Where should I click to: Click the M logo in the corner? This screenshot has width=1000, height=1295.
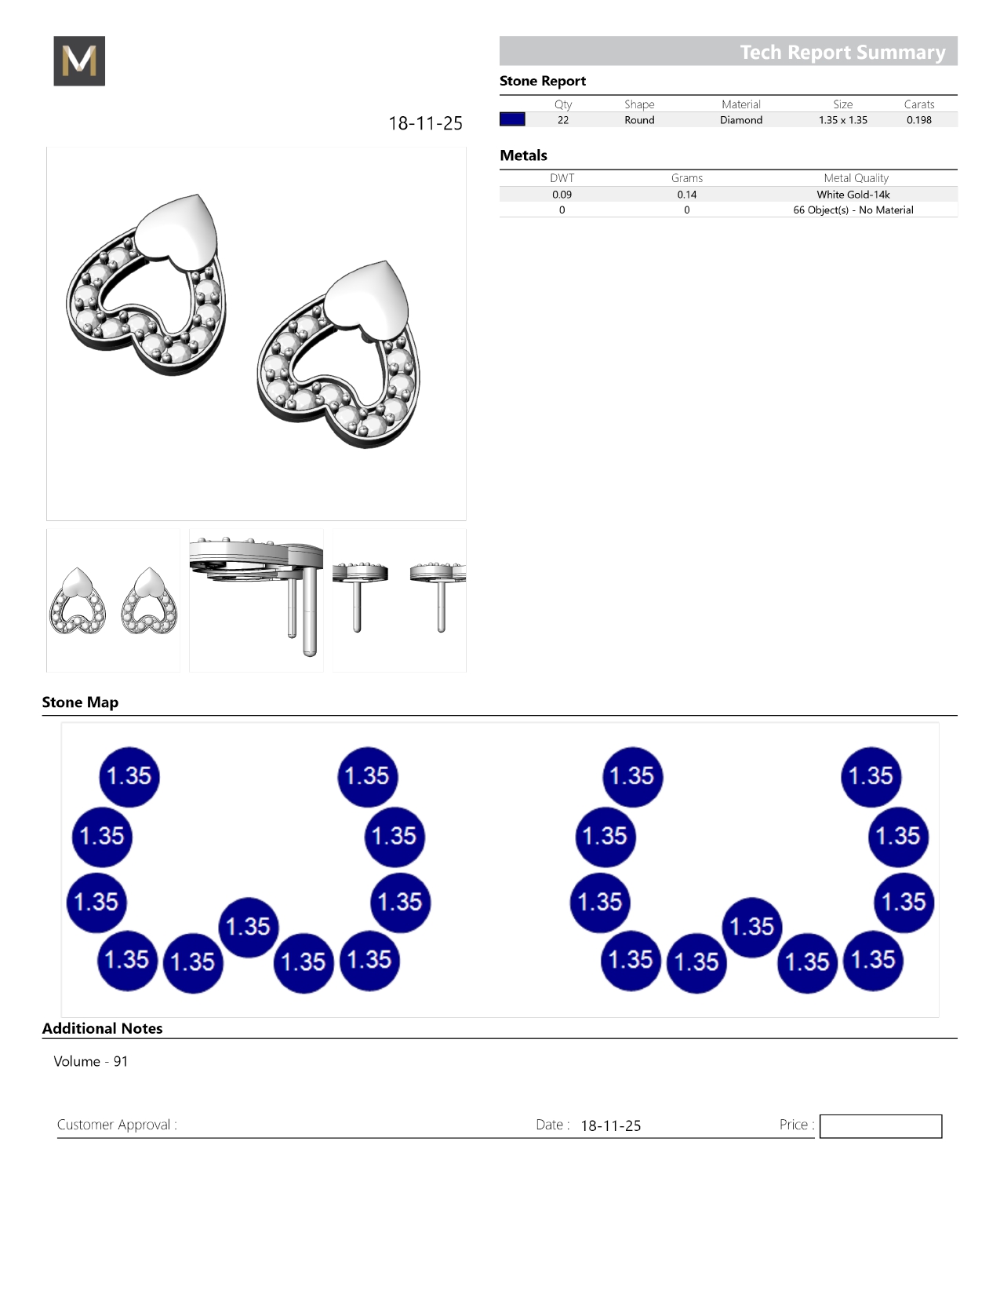79,61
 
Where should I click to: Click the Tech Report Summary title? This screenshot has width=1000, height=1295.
842,52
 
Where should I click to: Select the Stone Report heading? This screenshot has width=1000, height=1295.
543,81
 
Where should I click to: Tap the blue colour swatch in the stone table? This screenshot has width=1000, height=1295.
512,120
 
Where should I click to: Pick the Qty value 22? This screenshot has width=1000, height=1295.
563,120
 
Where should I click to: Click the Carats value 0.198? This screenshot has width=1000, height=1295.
918,120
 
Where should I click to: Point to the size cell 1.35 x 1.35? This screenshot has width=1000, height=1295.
842,120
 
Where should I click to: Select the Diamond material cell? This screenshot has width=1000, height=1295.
741,120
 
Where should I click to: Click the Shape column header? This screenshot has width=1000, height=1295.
639,104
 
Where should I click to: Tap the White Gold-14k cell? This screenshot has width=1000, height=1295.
853,195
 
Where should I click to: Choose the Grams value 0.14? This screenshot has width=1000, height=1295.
687,195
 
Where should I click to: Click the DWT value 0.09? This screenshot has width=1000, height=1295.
562,195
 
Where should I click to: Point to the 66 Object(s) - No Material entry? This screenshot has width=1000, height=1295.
853,210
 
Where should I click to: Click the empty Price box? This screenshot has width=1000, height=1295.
880,1126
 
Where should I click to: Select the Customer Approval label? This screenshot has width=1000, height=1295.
117,1125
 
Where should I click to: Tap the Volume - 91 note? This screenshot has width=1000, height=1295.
90,1061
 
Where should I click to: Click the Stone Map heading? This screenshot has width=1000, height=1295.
80,702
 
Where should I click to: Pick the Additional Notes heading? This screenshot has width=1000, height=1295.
102,1028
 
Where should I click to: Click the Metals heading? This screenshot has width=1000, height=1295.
523,155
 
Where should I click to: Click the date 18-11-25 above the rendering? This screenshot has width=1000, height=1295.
425,123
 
